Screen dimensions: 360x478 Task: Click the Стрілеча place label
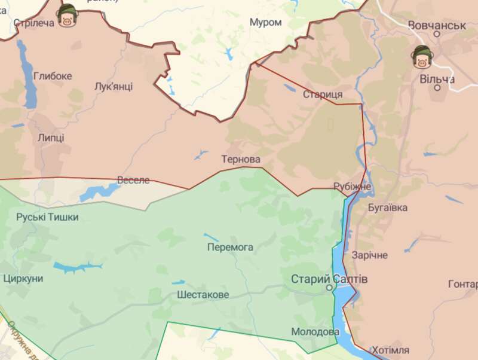33,23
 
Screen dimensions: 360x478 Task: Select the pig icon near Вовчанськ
422,58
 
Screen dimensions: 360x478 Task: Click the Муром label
265,22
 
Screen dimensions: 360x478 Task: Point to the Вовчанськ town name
437,25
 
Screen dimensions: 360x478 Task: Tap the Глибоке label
53,76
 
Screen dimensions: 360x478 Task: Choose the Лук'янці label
114,87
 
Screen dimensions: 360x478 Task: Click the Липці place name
51,138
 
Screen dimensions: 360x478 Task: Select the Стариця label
323,94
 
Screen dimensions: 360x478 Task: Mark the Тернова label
241,160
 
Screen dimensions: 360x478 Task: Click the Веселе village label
133,180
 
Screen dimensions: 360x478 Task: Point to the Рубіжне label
353,187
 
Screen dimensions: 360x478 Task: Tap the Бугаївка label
388,208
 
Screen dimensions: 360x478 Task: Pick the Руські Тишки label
47,217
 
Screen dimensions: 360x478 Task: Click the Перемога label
230,247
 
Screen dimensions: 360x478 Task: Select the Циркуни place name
23,279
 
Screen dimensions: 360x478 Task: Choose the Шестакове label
203,295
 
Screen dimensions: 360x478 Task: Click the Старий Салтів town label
329,279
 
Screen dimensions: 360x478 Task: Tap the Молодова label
315,331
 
